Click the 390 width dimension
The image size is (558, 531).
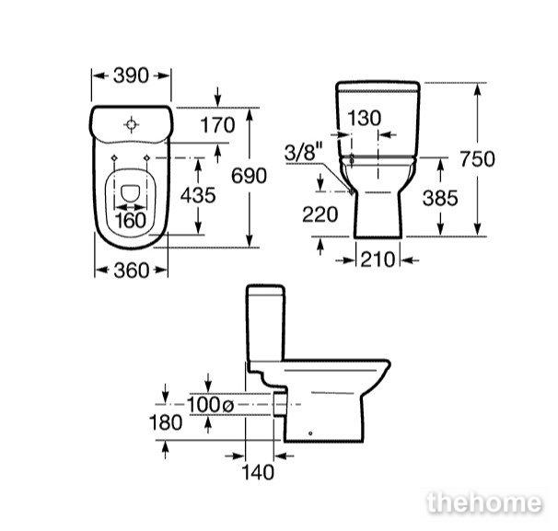(x=131, y=75)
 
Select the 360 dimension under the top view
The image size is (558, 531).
(x=131, y=271)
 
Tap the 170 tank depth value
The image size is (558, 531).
(x=217, y=125)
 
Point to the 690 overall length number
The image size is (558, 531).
(x=249, y=176)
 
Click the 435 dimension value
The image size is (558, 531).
(x=198, y=195)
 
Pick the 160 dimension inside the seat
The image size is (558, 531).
(x=131, y=221)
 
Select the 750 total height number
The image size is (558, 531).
(x=477, y=159)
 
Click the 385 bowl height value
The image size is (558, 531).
(x=440, y=198)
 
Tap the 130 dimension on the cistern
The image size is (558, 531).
(x=364, y=118)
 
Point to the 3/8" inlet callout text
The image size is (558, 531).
(x=304, y=152)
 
